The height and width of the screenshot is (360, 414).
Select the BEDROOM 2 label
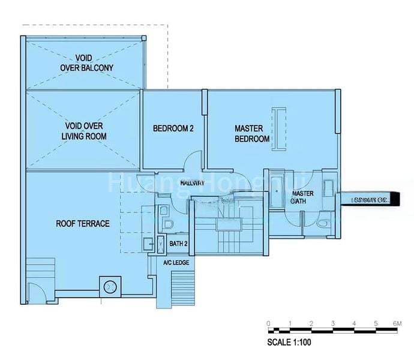coord(173,128)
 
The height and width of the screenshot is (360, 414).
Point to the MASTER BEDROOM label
coord(251,133)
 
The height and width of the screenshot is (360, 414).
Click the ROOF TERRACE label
coord(83,224)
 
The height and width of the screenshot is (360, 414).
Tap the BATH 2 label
coord(179,244)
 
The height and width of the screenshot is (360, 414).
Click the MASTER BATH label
coord(302,197)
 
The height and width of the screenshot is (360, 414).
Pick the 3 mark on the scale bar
coord(332,323)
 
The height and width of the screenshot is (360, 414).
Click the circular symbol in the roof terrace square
coord(110,287)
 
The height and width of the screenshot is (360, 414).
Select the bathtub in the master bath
coord(277,191)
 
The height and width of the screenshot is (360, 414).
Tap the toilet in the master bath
coord(323,223)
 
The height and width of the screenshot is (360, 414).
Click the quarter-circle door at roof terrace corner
coord(36,291)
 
